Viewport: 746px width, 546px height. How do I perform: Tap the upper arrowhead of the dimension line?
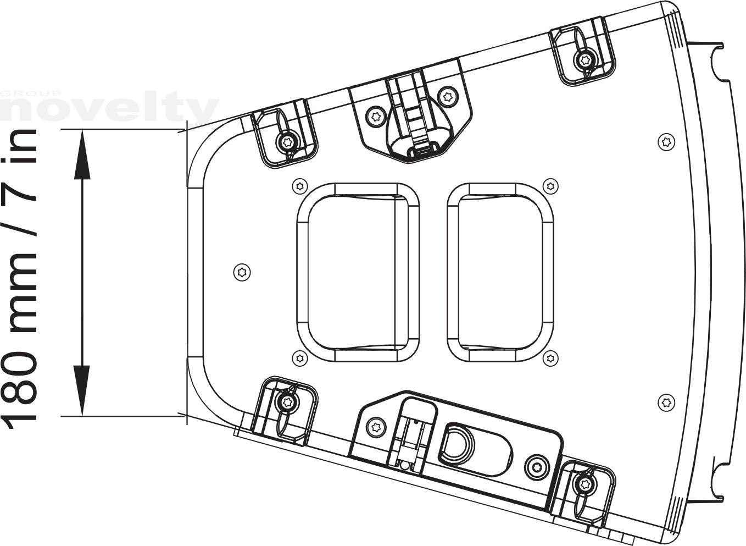[82, 155]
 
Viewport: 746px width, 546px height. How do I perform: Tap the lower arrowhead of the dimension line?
[82, 390]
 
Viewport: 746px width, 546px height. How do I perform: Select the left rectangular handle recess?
[358, 272]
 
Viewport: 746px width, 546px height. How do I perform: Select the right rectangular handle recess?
[500, 272]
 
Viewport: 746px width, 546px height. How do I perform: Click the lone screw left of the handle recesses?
[242, 272]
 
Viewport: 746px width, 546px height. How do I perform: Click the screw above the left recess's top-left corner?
[300, 186]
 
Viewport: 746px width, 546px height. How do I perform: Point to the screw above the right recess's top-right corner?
[550, 186]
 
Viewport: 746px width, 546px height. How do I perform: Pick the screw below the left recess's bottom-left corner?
[300, 358]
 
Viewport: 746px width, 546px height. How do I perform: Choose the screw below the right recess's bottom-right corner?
[550, 358]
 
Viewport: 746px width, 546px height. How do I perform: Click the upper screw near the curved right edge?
[666, 142]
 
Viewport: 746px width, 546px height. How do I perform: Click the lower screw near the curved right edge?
[666, 402]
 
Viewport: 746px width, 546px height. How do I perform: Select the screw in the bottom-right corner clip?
[585, 483]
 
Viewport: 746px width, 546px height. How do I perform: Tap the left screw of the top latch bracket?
[376, 117]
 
